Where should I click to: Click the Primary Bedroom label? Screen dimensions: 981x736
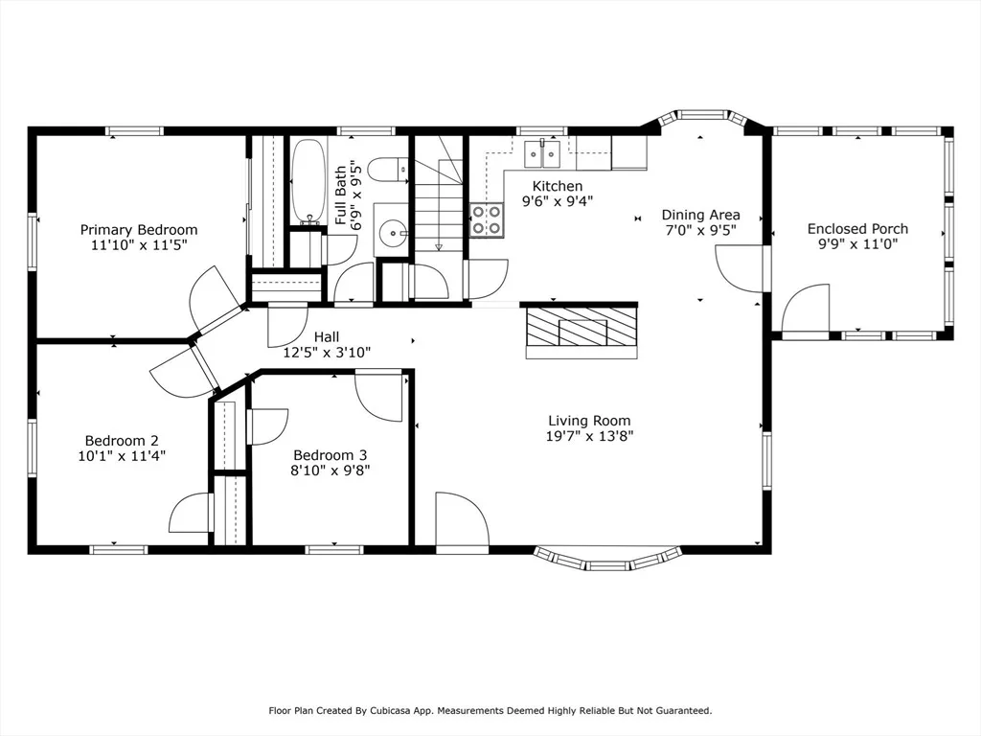coord(138,230)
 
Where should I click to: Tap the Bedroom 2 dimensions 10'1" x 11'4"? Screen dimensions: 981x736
coord(122,456)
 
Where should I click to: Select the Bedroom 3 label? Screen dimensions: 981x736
coord(330,455)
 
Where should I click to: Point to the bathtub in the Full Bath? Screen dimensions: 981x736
coord(308,181)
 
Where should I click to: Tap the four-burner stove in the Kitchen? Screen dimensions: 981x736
coord(487,219)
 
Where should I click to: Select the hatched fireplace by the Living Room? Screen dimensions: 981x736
coord(582,326)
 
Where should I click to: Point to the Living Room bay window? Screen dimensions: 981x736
coord(608,559)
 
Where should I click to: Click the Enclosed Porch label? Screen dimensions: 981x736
coord(857,229)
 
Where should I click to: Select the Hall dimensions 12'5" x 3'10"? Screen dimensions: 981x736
coord(327,353)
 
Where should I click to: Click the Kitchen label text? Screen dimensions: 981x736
coord(558,186)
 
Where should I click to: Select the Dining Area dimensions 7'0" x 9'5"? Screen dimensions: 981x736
coord(700,230)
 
